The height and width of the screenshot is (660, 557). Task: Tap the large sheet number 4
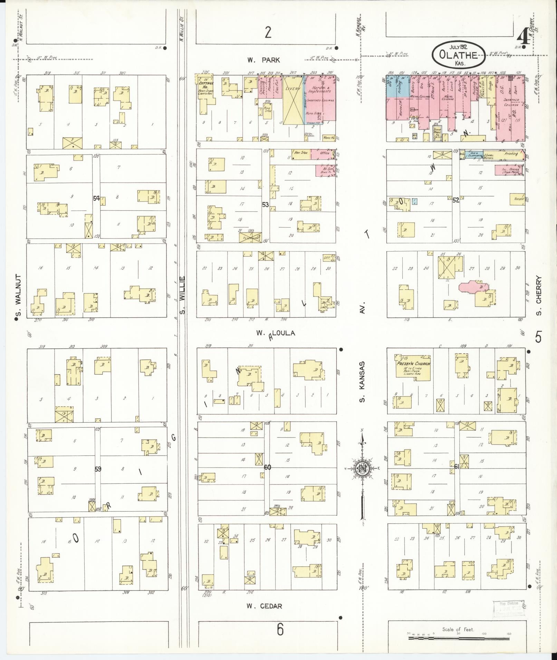(x=524, y=37)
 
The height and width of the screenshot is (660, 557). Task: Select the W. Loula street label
(x=276, y=333)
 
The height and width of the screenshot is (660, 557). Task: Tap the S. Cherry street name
(x=539, y=295)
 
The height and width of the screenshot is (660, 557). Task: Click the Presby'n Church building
(x=413, y=367)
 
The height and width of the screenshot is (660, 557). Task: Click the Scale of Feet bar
(x=458, y=639)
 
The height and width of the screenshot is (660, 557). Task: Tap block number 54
(x=96, y=198)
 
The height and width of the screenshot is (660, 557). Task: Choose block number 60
(x=268, y=467)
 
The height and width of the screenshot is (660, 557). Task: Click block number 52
(x=456, y=200)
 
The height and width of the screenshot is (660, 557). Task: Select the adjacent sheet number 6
(x=280, y=629)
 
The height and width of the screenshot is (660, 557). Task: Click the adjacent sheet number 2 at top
(x=268, y=32)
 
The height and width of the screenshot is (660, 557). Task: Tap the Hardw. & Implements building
(x=321, y=98)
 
